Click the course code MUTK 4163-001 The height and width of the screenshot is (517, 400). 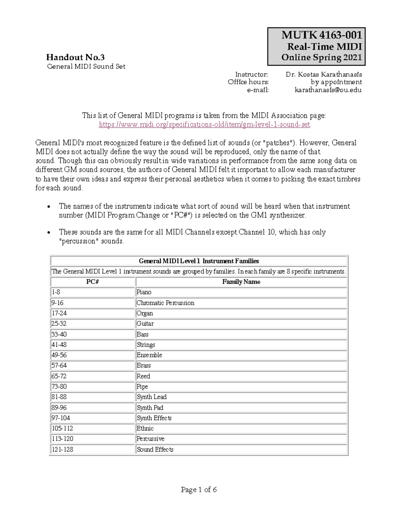[321, 35]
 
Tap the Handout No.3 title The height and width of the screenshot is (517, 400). [75, 57]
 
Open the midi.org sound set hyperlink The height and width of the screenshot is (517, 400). [204, 125]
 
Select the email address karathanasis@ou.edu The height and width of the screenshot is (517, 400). [328, 90]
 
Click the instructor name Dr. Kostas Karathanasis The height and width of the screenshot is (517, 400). [324, 74]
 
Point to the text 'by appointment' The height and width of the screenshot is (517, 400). [336, 82]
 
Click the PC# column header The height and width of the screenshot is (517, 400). [92, 282]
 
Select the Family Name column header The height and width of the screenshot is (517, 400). [241, 282]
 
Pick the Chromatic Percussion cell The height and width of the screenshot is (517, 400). [165, 303]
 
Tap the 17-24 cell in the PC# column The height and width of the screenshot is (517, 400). [59, 313]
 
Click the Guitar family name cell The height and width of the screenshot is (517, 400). [145, 324]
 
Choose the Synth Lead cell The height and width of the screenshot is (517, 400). [152, 397]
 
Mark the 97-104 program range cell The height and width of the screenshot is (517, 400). [61, 418]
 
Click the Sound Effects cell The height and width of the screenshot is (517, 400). [155, 449]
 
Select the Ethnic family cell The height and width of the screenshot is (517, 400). [145, 428]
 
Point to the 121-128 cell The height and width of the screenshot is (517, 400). [62, 449]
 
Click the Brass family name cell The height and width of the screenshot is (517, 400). [144, 366]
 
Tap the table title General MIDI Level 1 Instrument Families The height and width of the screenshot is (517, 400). [199, 261]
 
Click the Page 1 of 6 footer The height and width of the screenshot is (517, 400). [199, 489]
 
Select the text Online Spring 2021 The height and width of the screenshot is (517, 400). [321, 58]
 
